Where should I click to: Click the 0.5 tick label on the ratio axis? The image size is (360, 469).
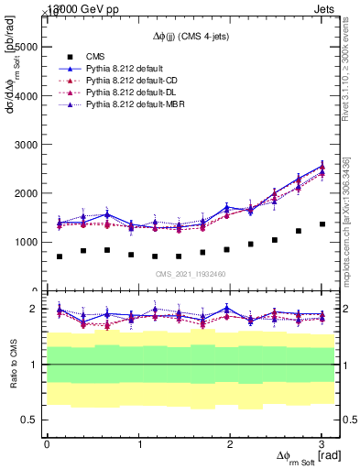(27, 420)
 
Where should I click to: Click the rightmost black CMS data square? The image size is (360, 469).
(322, 224)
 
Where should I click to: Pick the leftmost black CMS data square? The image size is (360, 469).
(60, 256)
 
